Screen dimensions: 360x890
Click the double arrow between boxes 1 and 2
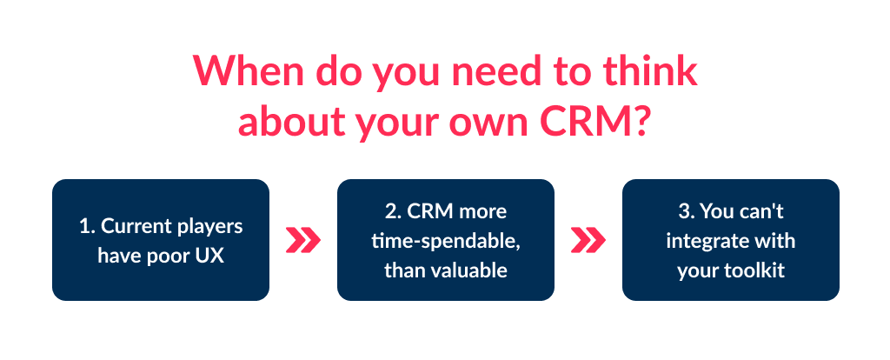coord(303,240)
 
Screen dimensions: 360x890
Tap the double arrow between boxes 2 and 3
coord(588,240)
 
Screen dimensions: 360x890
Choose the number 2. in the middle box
coord(393,212)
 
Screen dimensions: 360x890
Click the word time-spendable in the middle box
coord(446,241)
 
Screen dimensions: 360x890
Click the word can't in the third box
coord(767,212)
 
